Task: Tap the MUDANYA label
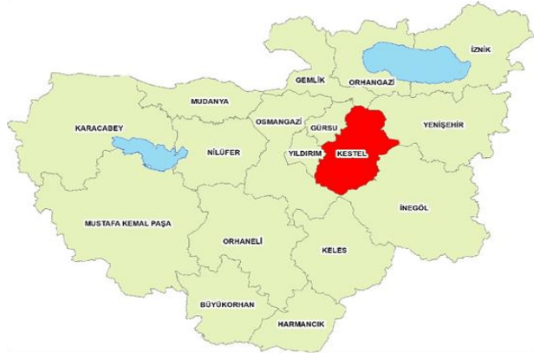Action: tap(209, 101)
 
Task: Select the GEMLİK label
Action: tap(309, 80)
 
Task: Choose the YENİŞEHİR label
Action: tap(443, 124)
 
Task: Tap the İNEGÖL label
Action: tap(414, 207)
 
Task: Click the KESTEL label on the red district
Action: tap(352, 153)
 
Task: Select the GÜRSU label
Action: tap(322, 128)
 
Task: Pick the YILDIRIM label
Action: tap(304, 154)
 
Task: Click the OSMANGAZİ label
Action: tap(277, 121)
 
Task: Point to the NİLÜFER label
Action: tap(224, 153)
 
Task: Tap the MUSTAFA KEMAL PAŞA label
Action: tap(127, 224)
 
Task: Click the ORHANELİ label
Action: tap(242, 241)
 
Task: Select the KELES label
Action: tap(334, 250)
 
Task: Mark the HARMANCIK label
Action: tap(301, 324)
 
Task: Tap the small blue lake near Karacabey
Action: tap(152, 154)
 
